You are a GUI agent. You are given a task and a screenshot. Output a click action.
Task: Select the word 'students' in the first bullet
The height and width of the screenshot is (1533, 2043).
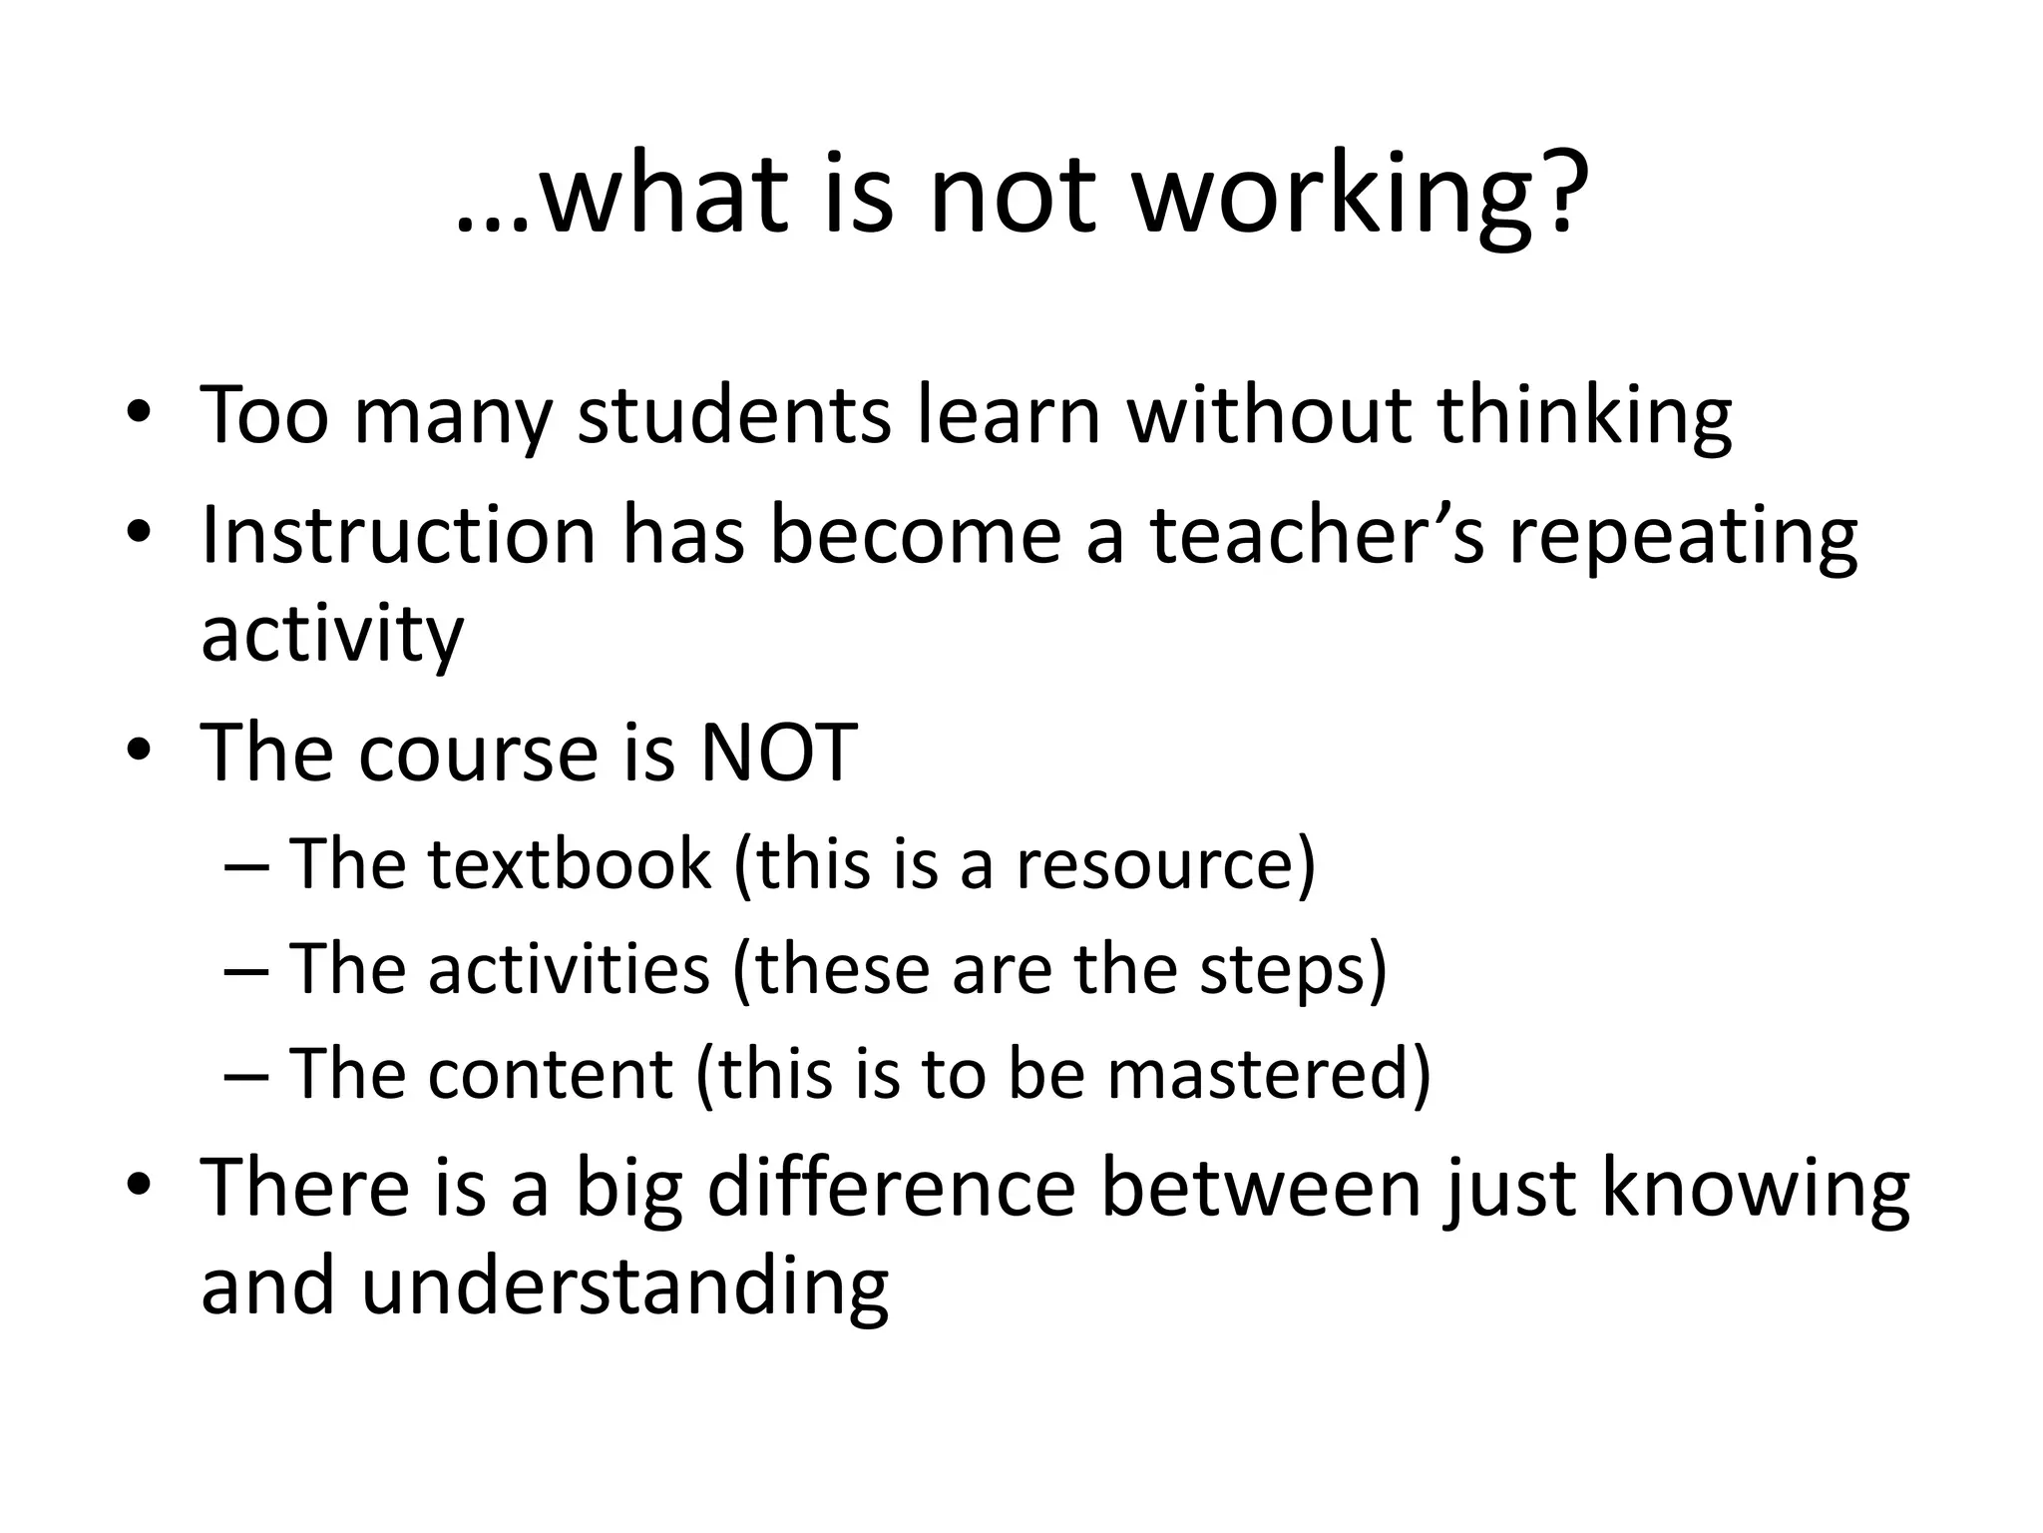pyautogui.click(x=734, y=416)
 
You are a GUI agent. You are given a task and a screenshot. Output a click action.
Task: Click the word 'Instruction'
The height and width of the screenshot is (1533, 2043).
pyautogui.click(x=398, y=536)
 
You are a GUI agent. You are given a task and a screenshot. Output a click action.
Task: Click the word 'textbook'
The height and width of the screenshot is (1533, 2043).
pyautogui.click(x=570, y=864)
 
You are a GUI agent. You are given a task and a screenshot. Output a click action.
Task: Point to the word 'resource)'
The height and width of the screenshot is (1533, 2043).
pyautogui.click(x=1166, y=864)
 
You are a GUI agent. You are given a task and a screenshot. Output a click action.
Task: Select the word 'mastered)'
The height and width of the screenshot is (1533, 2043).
pyautogui.click(x=1269, y=1074)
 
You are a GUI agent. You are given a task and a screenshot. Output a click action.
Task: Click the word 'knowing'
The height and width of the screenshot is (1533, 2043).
pyautogui.click(x=1756, y=1191)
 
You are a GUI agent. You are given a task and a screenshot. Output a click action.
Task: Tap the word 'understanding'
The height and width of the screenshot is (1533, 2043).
pyautogui.click(x=624, y=1287)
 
